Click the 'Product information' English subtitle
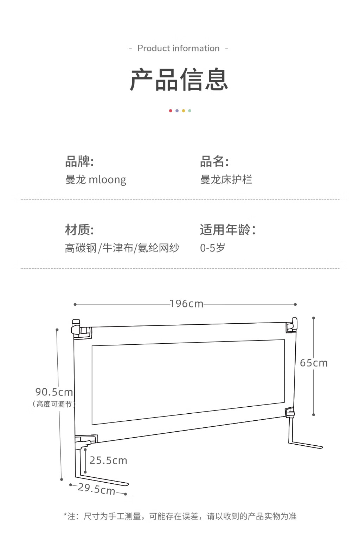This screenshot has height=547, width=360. tap(178, 48)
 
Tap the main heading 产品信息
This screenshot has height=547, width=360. tap(179, 80)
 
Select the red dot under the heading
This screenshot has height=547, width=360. tap(171, 110)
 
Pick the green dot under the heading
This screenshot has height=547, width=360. tap(189, 110)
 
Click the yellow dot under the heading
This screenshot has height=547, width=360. tap(183, 110)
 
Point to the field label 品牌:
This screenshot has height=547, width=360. tap(79, 161)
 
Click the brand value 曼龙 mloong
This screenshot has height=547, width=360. tap(96, 180)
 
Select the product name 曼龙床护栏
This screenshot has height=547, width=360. tap(226, 179)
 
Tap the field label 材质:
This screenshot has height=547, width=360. tap(79, 230)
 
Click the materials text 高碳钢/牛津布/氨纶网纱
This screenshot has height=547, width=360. tap(122, 248)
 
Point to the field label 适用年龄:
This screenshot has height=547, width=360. tap(228, 230)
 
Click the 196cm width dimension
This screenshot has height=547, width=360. tap(187, 304)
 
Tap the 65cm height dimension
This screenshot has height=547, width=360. tap(314, 363)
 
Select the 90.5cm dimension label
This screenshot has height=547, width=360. tap(54, 392)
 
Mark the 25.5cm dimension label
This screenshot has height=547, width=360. tap(108, 460)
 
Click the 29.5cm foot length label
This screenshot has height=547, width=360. tap(96, 489)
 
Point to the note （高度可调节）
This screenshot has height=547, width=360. tap(54, 404)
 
